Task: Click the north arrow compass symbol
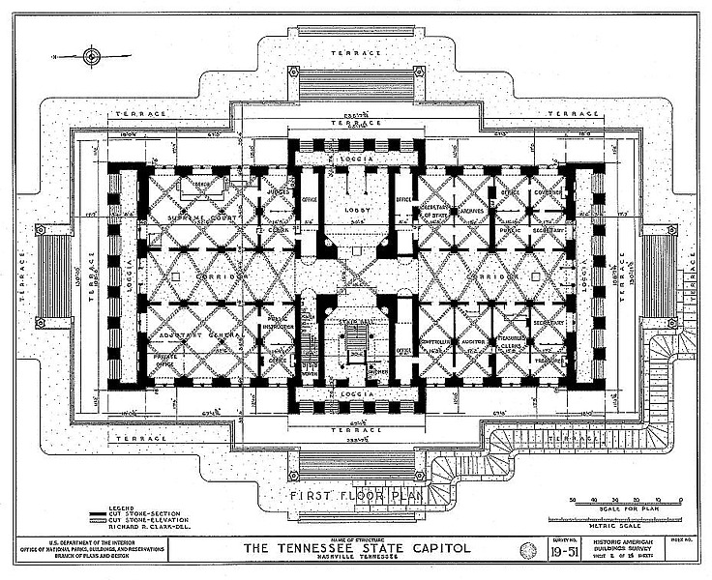pyautogui.click(x=90, y=57)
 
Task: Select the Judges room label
pyautogui.click(x=277, y=191)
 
